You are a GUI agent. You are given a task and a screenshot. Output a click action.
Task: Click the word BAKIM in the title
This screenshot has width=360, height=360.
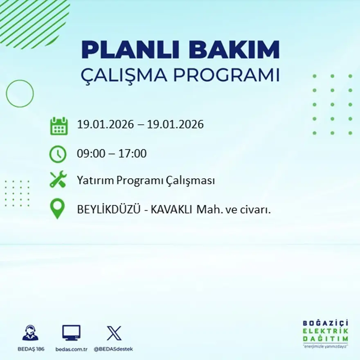(x=233, y=50)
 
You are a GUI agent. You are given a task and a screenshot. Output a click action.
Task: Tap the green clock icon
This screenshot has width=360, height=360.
(x=58, y=154)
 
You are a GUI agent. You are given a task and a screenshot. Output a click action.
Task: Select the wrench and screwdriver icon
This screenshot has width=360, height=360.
(x=58, y=180)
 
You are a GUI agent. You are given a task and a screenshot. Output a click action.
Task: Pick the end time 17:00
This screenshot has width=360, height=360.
(x=133, y=154)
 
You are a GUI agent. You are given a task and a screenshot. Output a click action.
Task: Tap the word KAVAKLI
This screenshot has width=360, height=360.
(x=171, y=209)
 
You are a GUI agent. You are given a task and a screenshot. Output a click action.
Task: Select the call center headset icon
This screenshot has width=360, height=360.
(x=30, y=333)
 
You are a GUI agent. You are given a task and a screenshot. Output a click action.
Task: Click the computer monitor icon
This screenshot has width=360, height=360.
(x=71, y=333)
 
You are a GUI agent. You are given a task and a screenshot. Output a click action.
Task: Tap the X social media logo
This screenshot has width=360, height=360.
(x=114, y=333)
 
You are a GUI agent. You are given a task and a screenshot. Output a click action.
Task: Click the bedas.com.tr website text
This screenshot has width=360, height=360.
(x=72, y=349)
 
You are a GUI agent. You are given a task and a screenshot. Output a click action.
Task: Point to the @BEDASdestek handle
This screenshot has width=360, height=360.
(x=113, y=349)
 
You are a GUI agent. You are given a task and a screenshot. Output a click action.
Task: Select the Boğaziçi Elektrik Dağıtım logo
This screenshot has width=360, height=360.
(x=325, y=333)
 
